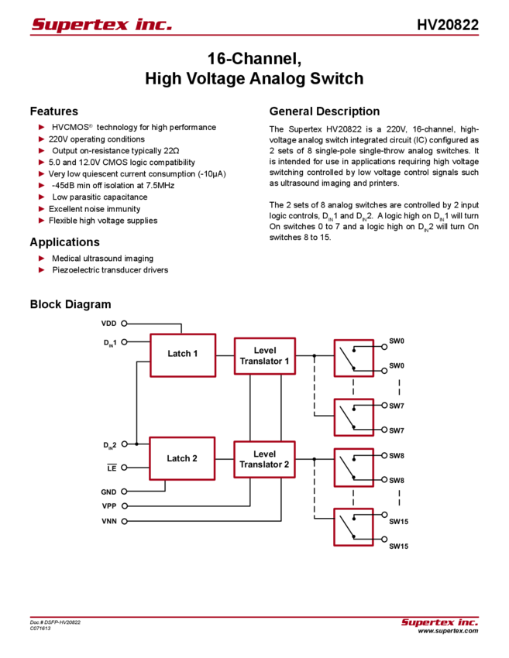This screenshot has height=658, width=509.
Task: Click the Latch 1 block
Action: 183,355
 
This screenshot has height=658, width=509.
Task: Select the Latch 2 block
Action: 182,458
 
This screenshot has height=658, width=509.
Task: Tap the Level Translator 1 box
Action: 265,356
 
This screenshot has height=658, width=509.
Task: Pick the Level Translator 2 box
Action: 264,459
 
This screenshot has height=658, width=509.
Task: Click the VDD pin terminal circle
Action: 124,324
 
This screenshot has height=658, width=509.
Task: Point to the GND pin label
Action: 108,492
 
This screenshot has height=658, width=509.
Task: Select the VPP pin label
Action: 108,506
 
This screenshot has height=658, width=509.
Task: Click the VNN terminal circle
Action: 124,521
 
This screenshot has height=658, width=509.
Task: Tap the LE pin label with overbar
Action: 112,468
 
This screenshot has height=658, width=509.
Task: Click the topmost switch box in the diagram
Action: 353,358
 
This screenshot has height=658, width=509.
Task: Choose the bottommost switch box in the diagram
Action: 353,527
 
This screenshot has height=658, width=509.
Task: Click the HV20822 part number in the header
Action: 448,25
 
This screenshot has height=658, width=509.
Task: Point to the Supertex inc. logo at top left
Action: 101,24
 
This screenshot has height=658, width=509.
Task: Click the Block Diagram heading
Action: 71,304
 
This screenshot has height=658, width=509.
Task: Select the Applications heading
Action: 64,242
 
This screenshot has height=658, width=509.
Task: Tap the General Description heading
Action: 325,111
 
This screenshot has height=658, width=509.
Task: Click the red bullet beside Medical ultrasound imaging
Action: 42,258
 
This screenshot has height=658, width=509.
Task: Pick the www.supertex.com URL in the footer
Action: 448,631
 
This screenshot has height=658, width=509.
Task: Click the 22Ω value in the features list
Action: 171,151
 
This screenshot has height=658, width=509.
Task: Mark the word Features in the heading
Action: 54,111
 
